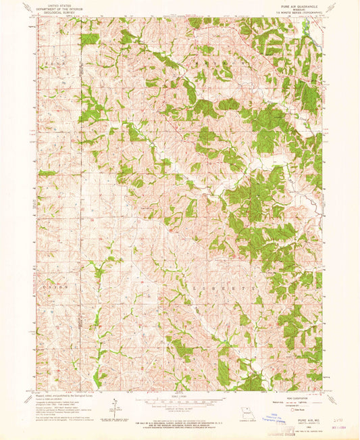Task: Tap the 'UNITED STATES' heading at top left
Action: (57, 5)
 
